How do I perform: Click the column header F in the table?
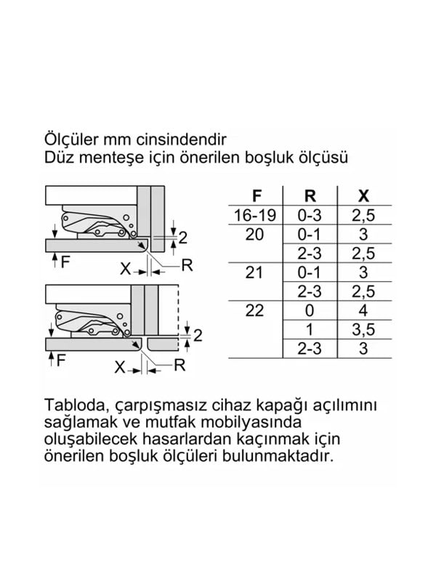point(256,195)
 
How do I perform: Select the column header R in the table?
point(310,195)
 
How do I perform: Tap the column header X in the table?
point(364,195)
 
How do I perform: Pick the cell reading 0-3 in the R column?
point(310,215)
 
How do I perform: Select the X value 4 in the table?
point(364,311)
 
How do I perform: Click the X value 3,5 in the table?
point(364,330)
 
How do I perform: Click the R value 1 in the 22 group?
point(310,330)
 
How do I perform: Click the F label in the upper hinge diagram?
point(65,263)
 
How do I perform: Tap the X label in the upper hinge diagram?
point(125,269)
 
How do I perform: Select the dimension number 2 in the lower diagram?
point(197,335)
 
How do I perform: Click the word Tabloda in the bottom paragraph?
point(73,405)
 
